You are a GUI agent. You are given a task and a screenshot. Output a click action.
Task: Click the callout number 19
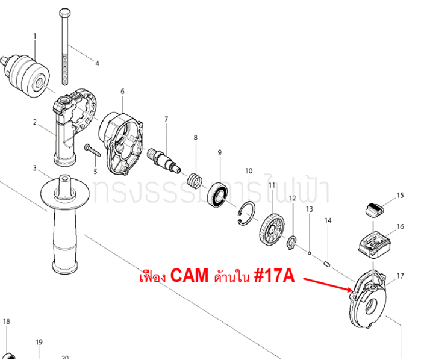[x=39, y=343]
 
